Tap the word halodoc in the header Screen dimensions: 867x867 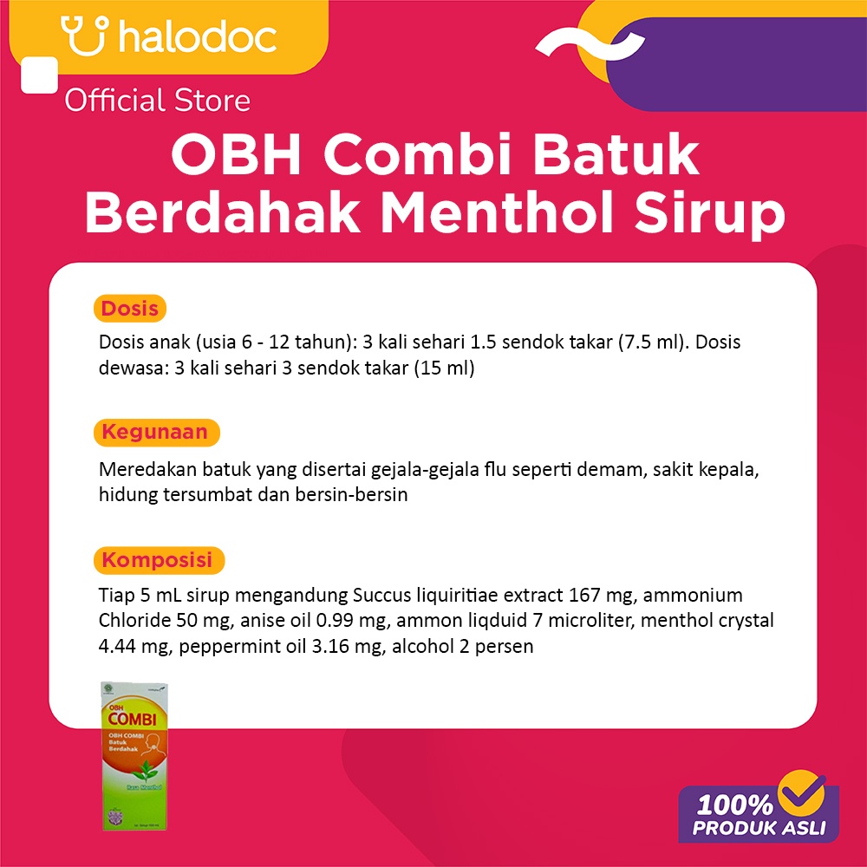[197, 37]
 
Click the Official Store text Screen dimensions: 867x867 [158, 101]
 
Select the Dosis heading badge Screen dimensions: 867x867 [130, 308]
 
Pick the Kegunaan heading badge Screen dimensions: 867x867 [156, 432]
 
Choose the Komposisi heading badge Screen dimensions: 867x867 [158, 560]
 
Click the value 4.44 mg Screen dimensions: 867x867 [128, 646]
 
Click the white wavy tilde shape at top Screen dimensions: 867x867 [590, 41]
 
